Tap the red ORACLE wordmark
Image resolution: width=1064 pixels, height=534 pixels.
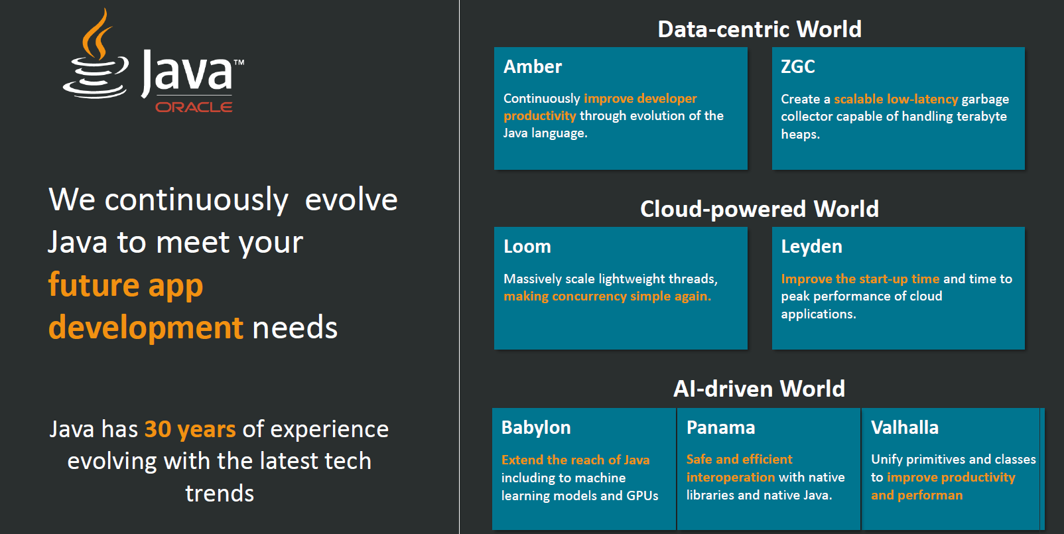(194, 107)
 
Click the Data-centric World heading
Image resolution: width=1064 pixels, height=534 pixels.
(760, 29)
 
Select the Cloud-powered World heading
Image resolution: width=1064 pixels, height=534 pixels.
(760, 210)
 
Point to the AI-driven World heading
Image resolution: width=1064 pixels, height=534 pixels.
(759, 389)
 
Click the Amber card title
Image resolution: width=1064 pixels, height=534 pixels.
(533, 66)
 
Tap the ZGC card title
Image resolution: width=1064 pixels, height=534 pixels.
(798, 66)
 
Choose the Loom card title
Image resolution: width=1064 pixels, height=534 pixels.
(527, 247)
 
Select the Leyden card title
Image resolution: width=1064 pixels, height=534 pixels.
(812, 247)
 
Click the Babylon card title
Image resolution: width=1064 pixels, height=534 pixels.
(536, 428)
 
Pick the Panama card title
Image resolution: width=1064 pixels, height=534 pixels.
(720, 428)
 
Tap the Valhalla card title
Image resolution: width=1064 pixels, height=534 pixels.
(905, 428)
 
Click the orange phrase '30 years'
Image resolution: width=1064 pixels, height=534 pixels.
(190, 429)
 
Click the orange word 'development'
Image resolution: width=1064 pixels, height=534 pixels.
(146, 328)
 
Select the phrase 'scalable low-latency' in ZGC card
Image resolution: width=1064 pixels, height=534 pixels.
(896, 100)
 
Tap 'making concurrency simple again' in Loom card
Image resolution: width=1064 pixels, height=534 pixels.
(608, 297)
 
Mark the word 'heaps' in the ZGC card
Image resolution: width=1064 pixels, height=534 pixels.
(801, 135)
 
